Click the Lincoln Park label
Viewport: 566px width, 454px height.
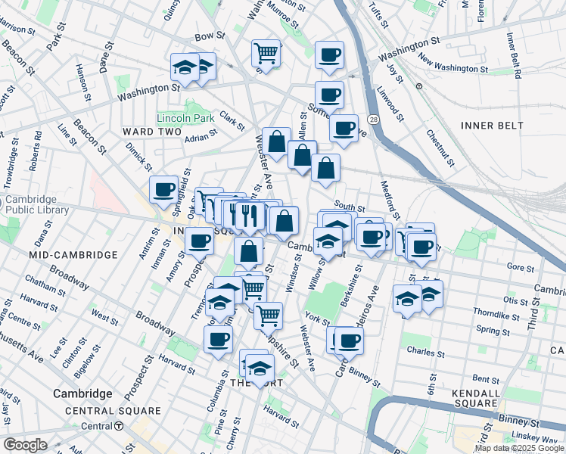pos(182,119)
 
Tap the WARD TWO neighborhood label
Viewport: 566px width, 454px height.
pos(151,132)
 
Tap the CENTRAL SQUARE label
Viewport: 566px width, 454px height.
pos(113,411)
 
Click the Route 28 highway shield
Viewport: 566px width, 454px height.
pos(374,120)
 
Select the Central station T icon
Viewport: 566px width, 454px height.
pos(119,426)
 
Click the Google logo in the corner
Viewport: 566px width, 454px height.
pos(25,445)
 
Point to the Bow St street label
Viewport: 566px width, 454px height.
pos(210,36)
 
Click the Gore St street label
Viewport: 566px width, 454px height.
pos(521,267)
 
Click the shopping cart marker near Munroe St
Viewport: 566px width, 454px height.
pos(266,53)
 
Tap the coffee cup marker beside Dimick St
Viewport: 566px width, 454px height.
pos(163,189)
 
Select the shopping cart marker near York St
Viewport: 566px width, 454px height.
pos(268,314)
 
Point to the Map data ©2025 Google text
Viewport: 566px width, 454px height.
pos(519,448)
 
